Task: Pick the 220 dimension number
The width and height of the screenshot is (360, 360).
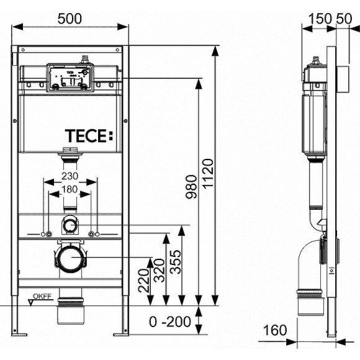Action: coord(143,281)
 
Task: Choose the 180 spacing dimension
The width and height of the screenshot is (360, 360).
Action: coord(70,189)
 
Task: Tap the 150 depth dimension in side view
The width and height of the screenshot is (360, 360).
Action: coord(320,19)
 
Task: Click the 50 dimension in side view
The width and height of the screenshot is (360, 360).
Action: coord(344,19)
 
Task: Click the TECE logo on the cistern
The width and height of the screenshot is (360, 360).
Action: coord(89,135)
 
